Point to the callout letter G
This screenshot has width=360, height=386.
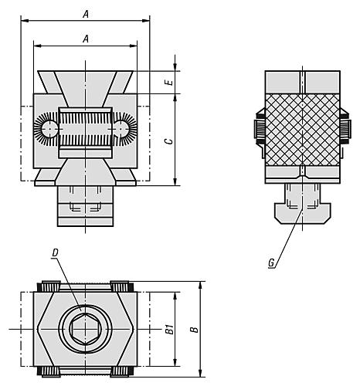[271, 262]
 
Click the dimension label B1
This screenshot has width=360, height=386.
[169, 330]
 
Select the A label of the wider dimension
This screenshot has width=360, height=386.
[85, 14]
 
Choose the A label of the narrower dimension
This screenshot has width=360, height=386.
[85, 38]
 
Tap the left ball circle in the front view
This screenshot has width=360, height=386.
[49, 127]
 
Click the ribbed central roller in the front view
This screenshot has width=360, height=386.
[85, 127]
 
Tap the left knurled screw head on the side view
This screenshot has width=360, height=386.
[260, 129]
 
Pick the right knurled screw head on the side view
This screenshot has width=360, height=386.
[343, 129]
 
